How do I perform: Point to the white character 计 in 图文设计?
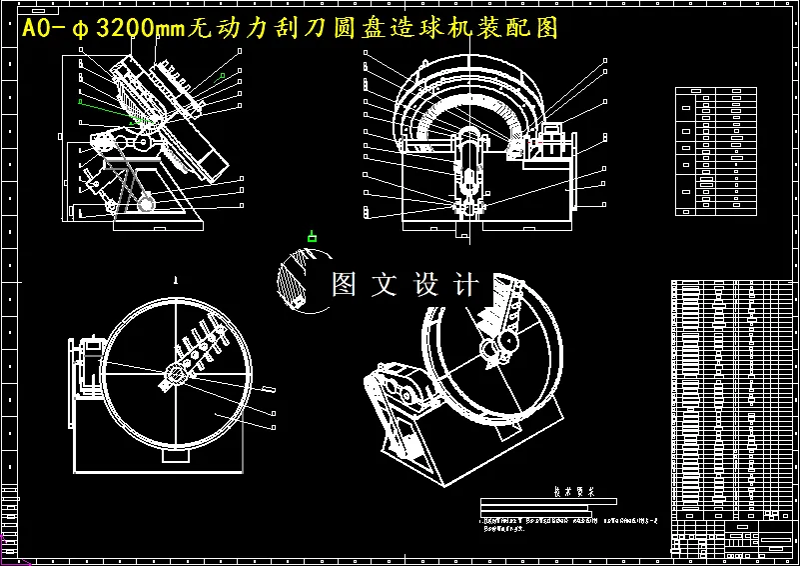pyautogui.click(x=465, y=284)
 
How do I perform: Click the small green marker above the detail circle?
pyautogui.click(x=312, y=237)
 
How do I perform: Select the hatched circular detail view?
pyautogui.click(x=302, y=282)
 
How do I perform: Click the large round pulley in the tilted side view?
pyautogui.click(x=147, y=204)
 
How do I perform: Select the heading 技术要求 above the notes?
pyautogui.click(x=573, y=491)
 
